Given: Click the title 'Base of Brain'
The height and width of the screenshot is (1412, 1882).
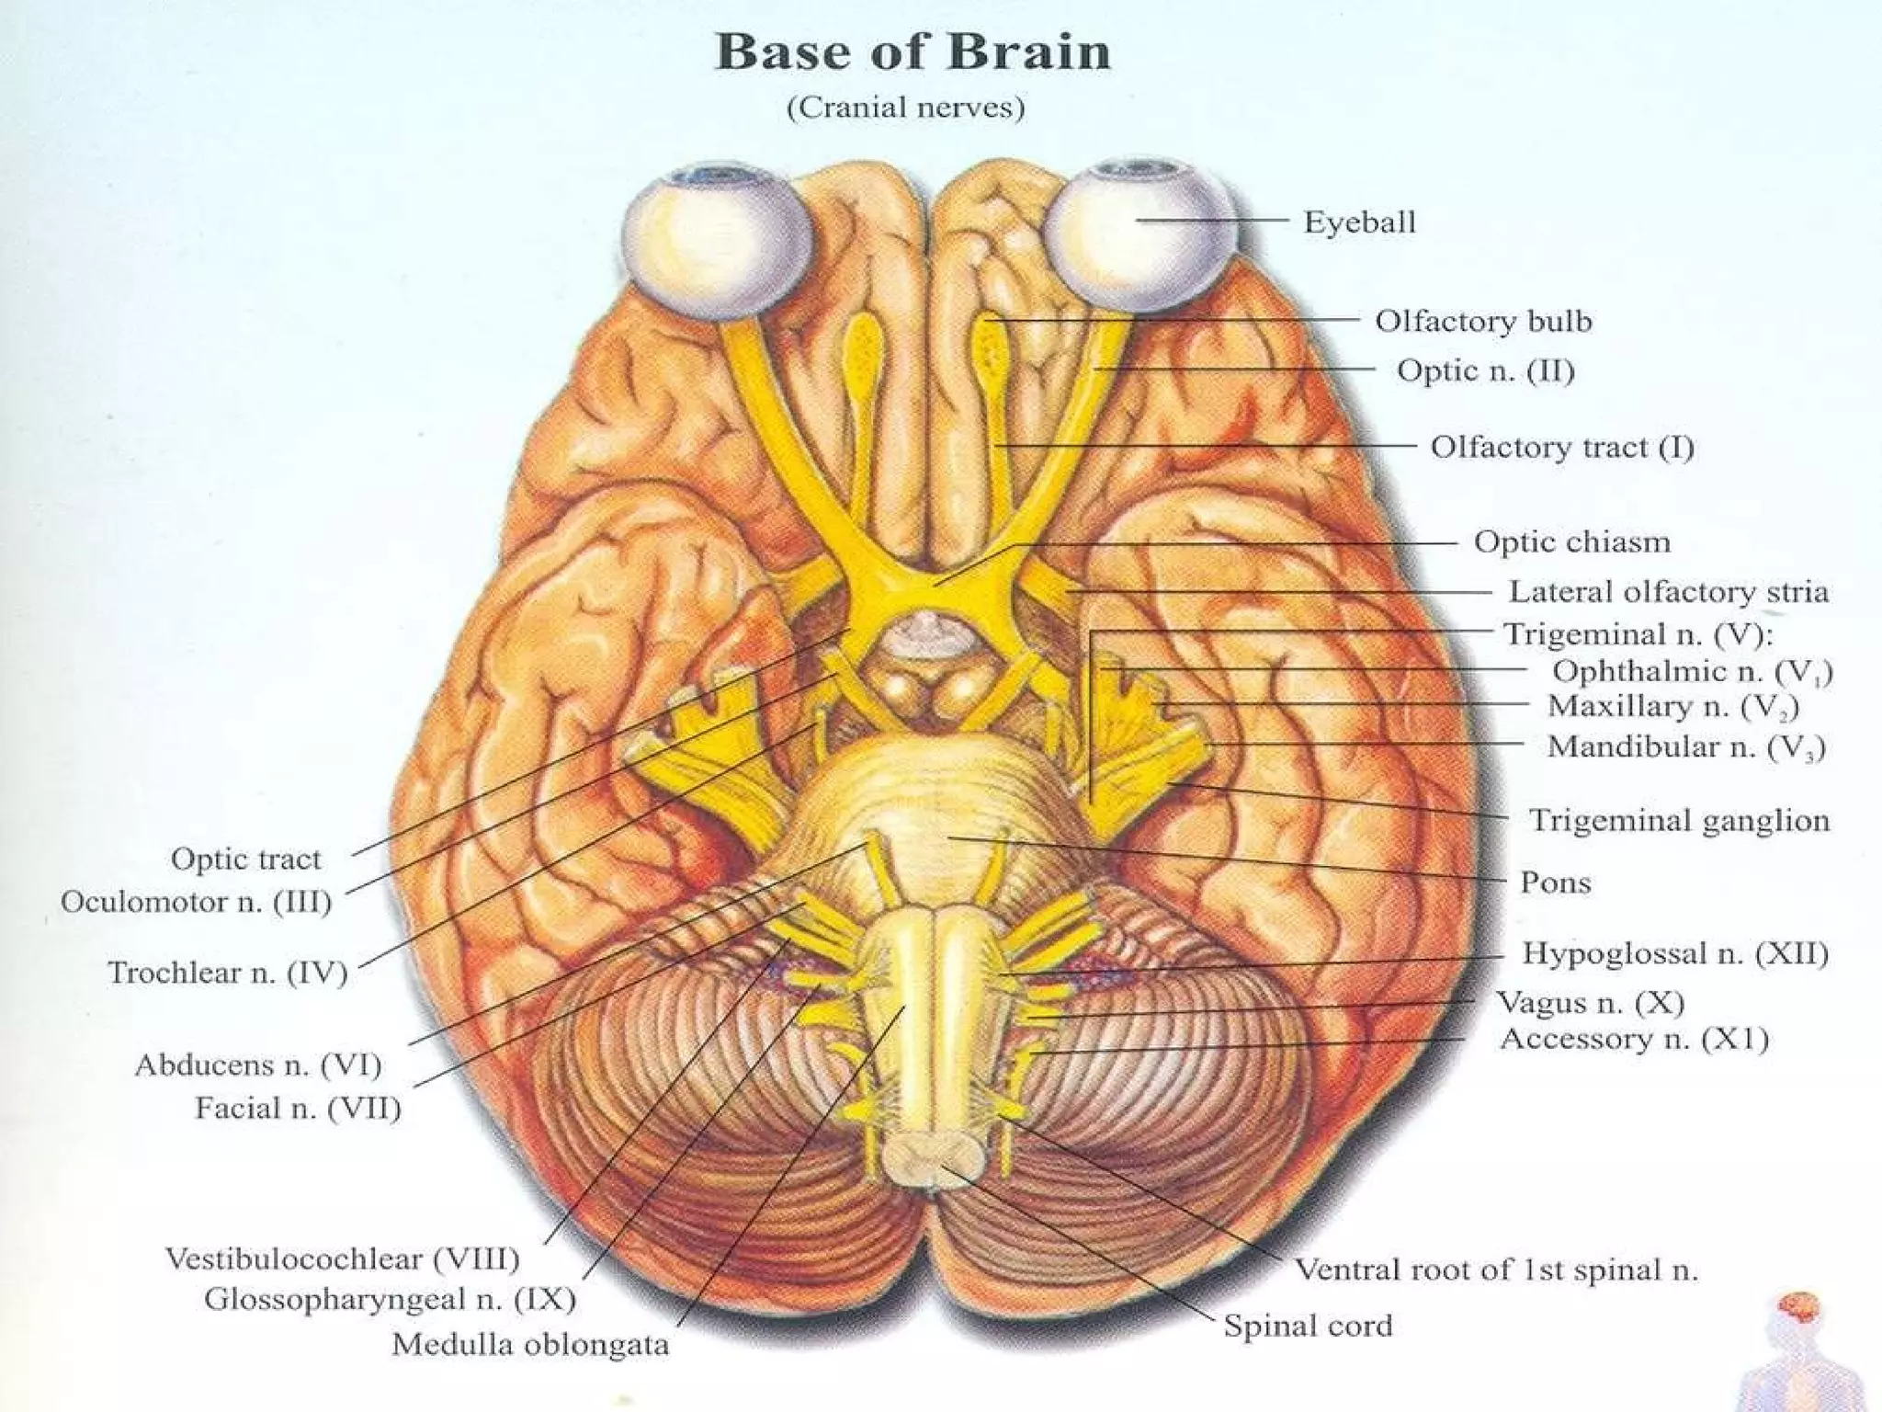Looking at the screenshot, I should click(913, 51).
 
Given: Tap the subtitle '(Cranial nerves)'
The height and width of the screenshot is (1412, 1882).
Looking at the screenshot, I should click(905, 108).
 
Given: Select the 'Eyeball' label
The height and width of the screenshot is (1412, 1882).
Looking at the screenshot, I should click(1359, 222).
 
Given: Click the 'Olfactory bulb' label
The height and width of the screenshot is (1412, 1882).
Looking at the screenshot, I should click(1482, 321).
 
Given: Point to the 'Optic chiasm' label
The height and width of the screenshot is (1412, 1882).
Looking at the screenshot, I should click(1571, 541).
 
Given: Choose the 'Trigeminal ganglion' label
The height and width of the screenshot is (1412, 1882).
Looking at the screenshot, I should click(1678, 820).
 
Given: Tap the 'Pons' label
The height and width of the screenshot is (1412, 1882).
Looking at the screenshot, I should click(1555, 882).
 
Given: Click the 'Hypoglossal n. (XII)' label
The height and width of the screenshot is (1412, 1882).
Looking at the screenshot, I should click(1674, 953).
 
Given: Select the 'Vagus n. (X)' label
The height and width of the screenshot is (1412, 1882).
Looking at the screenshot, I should click(1590, 1002).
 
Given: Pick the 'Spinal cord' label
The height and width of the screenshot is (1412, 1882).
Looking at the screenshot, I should click(1307, 1326).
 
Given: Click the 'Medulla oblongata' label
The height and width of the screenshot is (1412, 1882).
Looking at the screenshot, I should click(530, 1345).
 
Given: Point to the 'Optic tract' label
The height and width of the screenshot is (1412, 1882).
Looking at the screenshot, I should click(245, 860).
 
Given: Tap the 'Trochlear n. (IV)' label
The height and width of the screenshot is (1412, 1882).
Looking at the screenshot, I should click(227, 973).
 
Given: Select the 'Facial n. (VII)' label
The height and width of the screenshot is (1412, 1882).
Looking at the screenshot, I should click(298, 1109).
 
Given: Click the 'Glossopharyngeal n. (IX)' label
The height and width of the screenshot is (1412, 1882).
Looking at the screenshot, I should click(390, 1299).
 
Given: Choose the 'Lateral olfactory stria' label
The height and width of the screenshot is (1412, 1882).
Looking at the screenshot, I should click(1668, 591).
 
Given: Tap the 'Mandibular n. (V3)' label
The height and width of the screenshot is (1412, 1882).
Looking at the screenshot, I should click(1685, 746).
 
